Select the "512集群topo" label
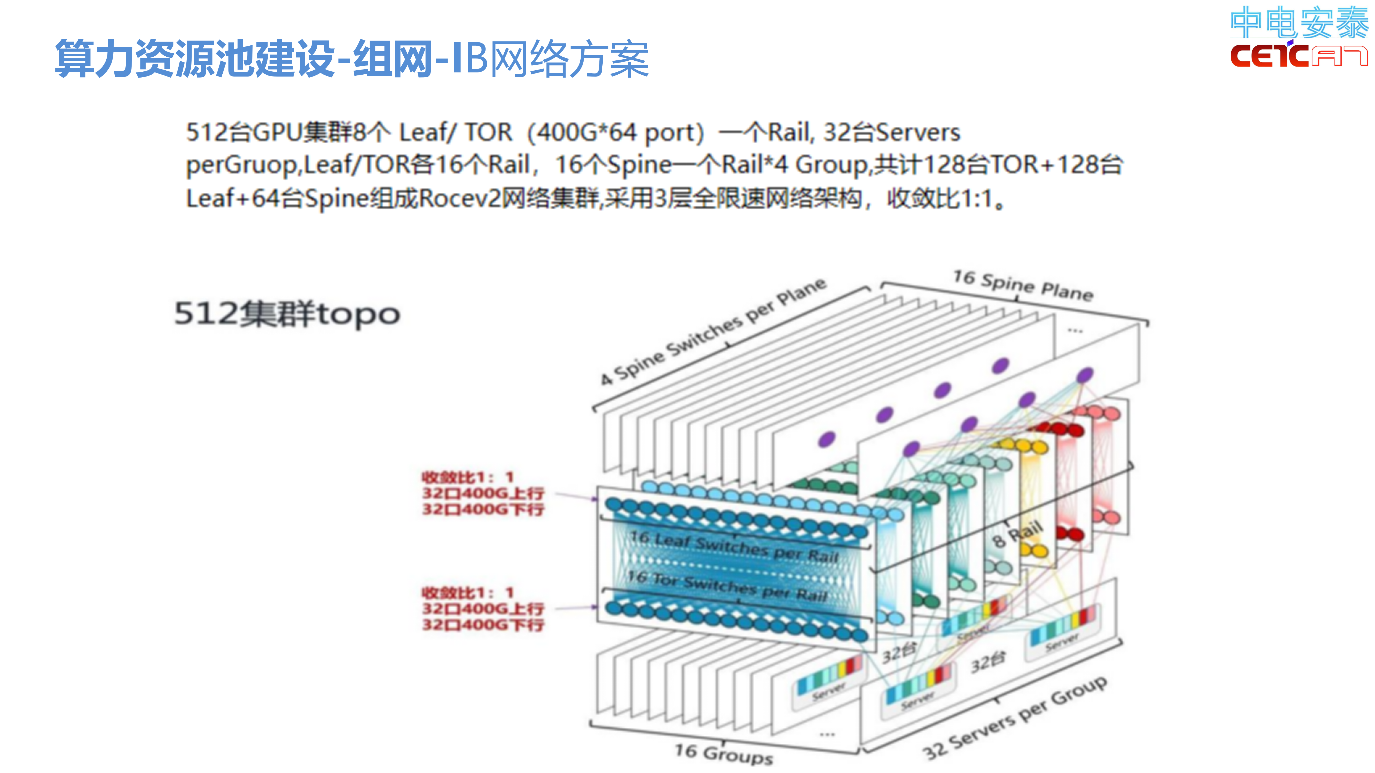pos(287,314)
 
